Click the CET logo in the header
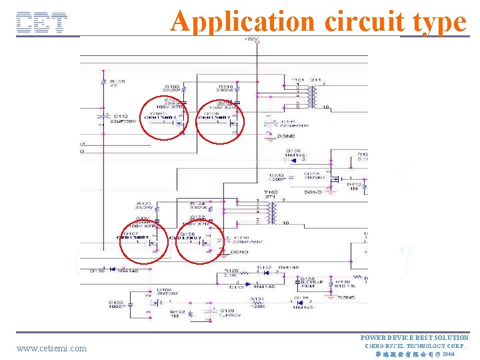41,23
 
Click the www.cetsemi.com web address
51,348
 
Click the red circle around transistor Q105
164,117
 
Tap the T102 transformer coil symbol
273,212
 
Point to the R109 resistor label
173,89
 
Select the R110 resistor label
225,89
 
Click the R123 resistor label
143,205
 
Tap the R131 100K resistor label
257,302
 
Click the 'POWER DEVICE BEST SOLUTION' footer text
415,338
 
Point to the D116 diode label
97,271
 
